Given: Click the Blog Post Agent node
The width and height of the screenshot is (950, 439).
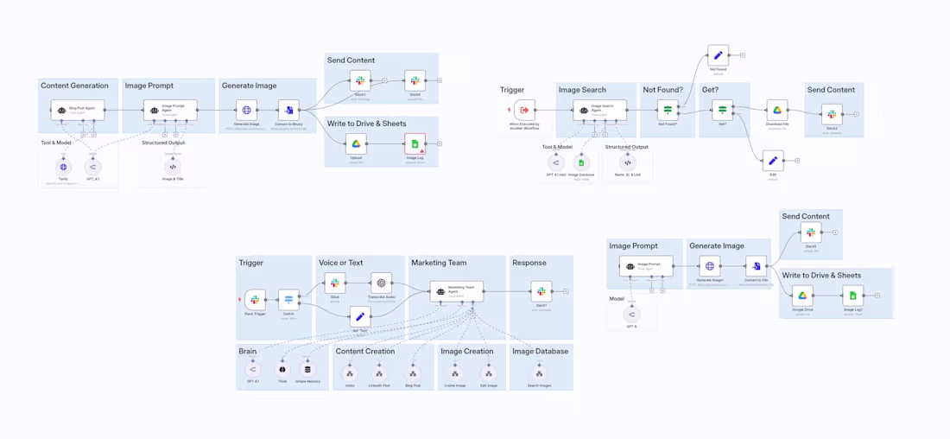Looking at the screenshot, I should (x=78, y=110).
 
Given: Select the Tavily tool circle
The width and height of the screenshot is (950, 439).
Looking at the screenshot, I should (x=63, y=167).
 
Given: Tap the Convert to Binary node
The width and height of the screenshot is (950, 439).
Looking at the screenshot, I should (x=288, y=110).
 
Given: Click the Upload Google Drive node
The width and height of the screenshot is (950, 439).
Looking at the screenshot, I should (x=356, y=143).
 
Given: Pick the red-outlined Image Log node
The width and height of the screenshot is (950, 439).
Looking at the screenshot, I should (x=415, y=143).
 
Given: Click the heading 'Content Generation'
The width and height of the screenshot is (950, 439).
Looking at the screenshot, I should (x=74, y=86).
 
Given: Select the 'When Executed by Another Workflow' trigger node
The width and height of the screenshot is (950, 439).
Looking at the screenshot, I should (x=524, y=110).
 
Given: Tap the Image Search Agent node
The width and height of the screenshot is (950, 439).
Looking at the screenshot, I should (x=597, y=110).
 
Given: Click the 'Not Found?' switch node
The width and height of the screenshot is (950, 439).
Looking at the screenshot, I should (x=668, y=110).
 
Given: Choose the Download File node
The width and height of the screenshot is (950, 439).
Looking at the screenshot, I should (x=776, y=110).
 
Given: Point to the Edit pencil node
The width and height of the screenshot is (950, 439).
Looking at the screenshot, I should (x=773, y=161).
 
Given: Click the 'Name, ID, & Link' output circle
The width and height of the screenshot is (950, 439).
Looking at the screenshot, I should (x=628, y=162).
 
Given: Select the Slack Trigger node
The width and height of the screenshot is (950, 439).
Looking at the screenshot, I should (x=255, y=300).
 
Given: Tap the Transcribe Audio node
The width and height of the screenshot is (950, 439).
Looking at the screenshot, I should (x=381, y=283).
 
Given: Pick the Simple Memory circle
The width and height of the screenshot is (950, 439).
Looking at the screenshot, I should (x=307, y=369).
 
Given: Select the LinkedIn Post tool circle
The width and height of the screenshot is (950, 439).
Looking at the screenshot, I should (x=379, y=373).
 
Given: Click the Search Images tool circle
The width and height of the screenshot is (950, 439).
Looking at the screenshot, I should (x=539, y=373).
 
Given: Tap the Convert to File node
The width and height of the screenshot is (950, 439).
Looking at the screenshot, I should (x=756, y=266).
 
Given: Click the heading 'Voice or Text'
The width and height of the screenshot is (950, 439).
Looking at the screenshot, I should (x=340, y=263).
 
